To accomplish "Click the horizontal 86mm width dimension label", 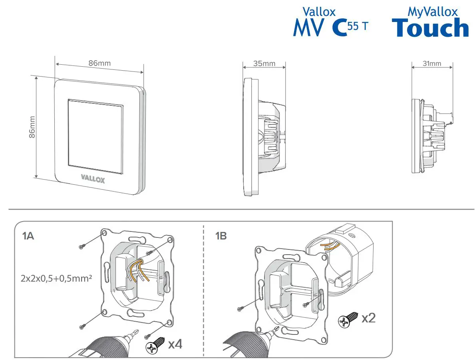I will tap(99, 63).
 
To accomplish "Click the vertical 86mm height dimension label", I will tap(32, 127).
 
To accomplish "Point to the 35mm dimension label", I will tap(264, 63).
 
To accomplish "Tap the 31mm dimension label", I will tap(432, 63).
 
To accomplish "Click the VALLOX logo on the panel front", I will tap(93, 178).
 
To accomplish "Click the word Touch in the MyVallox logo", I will tap(430, 28).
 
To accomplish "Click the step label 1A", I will tap(28, 236).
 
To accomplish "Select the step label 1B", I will tap(221, 236).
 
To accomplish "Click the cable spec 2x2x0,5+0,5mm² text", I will tap(56, 278).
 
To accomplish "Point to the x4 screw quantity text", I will tap(175, 344).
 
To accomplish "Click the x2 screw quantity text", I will tap(368, 318).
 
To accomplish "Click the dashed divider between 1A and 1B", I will tap(204, 291).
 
